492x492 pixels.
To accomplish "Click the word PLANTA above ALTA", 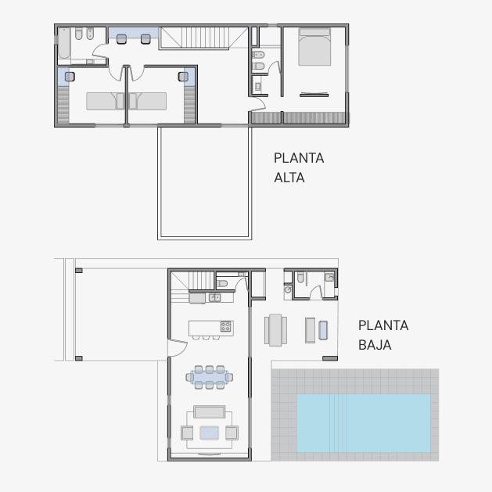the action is (x=299, y=158).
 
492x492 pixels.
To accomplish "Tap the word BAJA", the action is (x=375, y=345).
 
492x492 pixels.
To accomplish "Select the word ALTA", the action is (x=289, y=178).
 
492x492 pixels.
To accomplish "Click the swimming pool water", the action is (x=364, y=423).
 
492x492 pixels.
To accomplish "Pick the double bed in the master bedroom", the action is (x=314, y=47).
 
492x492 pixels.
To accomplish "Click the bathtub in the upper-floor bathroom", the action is (x=64, y=43).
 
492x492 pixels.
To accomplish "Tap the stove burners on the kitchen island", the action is (x=225, y=326).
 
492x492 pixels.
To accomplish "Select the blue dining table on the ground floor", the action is (x=210, y=377).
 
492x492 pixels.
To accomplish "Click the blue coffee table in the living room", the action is (x=210, y=433).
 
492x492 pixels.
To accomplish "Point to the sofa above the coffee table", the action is (x=210, y=412).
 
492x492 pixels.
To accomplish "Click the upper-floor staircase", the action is (x=203, y=38).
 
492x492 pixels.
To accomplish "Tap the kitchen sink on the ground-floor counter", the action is (x=214, y=297).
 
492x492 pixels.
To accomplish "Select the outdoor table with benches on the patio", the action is (x=275, y=330).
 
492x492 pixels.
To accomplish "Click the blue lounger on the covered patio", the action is (x=323, y=330).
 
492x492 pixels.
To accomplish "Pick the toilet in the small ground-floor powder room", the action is (x=222, y=284).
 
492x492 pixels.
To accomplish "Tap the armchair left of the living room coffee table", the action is (x=187, y=433).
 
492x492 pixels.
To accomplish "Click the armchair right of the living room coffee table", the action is (x=232, y=433).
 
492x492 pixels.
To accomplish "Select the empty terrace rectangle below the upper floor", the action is (x=205, y=182).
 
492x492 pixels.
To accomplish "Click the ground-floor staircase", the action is (x=192, y=286).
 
